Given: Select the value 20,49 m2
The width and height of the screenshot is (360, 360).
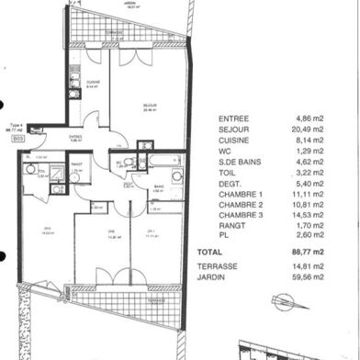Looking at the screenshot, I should (x=311, y=130).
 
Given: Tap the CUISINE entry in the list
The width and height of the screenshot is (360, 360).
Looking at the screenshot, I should (x=234, y=142).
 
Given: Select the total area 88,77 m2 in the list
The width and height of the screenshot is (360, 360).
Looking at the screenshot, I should (x=310, y=250).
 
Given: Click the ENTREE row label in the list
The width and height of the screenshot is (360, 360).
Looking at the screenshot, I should (x=233, y=118).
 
